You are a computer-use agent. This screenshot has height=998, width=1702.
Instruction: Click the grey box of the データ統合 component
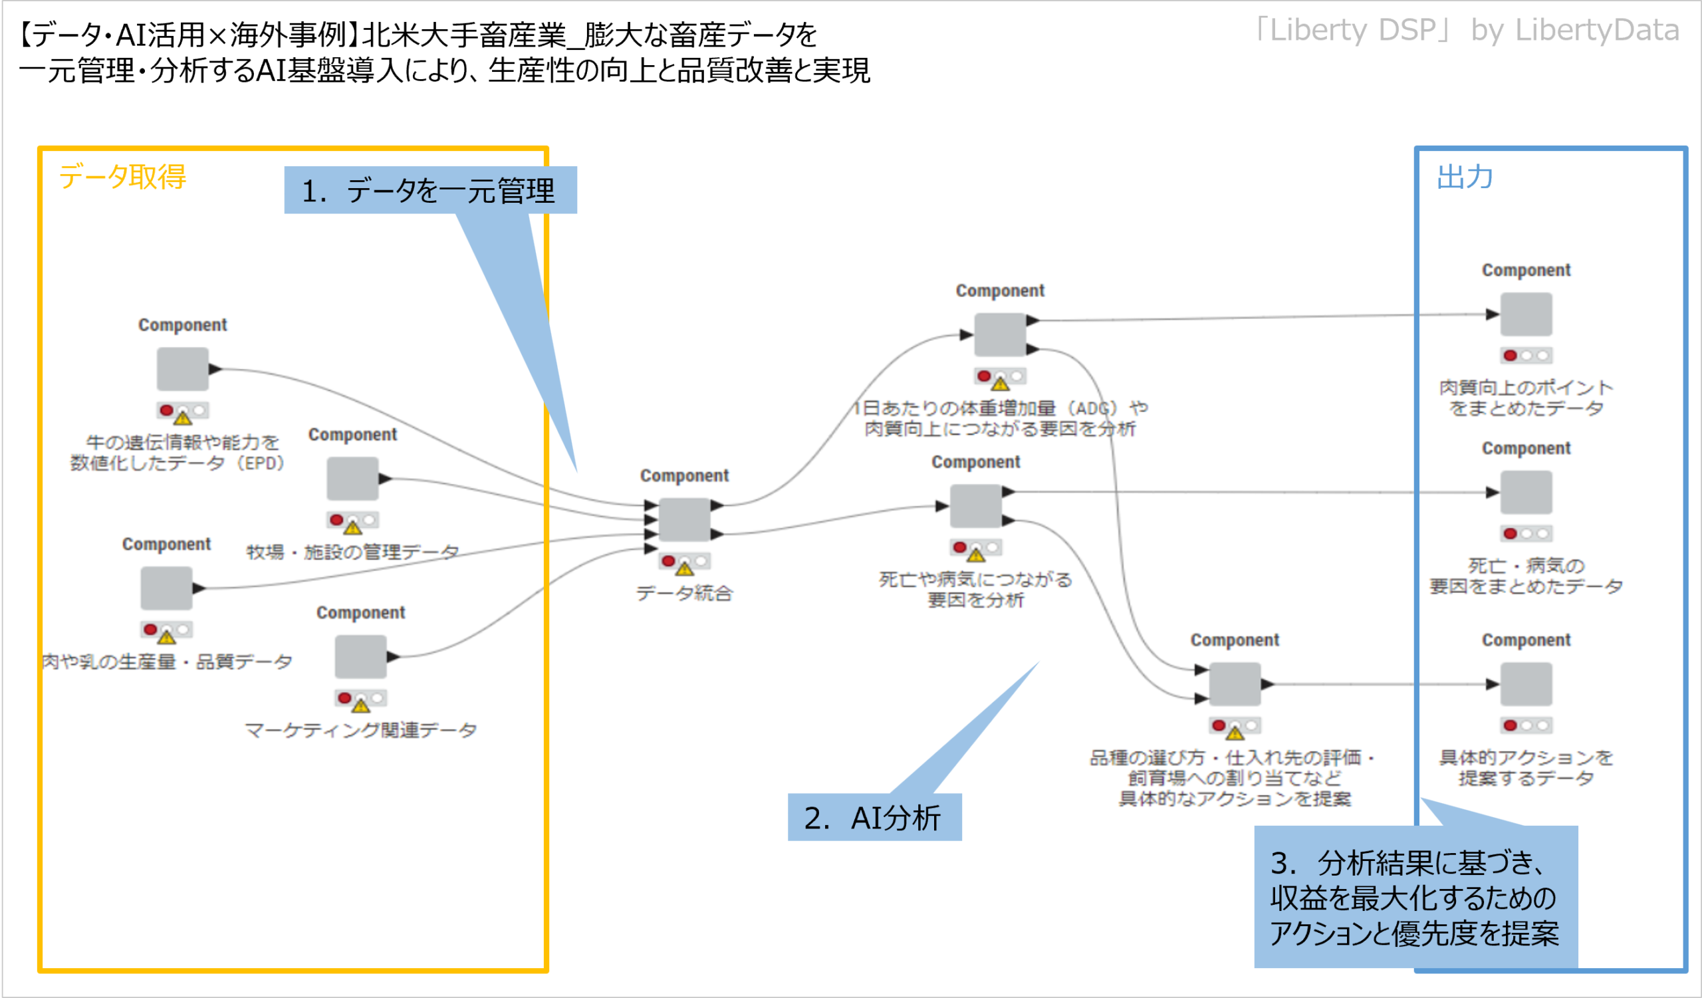(x=684, y=519)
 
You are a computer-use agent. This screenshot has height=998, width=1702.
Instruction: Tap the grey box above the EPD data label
(x=182, y=368)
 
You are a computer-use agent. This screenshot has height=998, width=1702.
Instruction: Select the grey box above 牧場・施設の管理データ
(x=352, y=479)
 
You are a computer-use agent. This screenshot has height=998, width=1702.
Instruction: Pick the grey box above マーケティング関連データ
(x=360, y=656)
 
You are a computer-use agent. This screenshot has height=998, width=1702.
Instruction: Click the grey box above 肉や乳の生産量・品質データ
(x=166, y=588)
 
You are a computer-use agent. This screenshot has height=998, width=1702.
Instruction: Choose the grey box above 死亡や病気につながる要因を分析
(x=975, y=507)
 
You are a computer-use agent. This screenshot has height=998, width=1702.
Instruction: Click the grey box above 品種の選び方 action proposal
(x=1235, y=684)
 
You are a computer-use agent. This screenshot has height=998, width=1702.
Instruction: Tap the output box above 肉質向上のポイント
(x=1526, y=314)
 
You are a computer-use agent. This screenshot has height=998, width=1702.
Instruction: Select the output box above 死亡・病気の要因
(x=1526, y=492)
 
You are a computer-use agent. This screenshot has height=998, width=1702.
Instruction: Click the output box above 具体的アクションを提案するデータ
(x=1526, y=684)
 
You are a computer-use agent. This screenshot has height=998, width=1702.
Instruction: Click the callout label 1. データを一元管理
(x=430, y=190)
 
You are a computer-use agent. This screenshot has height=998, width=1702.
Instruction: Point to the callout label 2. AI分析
(x=874, y=818)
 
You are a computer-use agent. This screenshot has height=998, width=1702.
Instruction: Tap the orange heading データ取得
(x=122, y=177)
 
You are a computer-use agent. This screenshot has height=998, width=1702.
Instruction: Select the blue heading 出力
(x=1464, y=177)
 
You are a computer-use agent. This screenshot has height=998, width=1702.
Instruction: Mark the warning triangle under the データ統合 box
(x=685, y=567)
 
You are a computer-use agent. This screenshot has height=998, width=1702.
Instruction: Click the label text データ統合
(x=684, y=594)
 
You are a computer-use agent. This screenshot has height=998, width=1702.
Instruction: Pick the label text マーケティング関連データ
(x=360, y=730)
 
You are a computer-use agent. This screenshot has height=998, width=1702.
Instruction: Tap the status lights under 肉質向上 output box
(x=1526, y=355)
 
